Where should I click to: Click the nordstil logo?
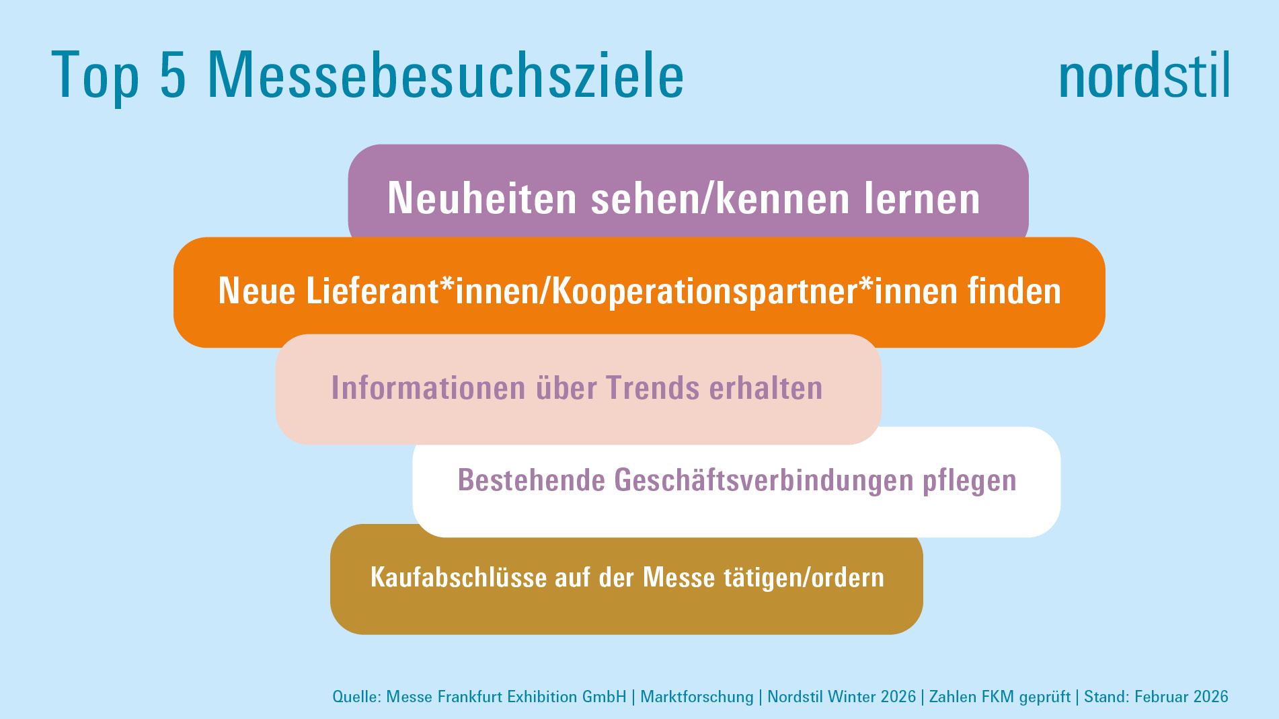[1144, 76]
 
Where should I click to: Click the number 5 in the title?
[172, 75]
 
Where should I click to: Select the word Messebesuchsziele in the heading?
[445, 75]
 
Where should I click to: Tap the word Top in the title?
[95, 76]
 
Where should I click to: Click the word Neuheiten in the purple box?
[481, 198]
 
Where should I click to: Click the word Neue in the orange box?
[257, 291]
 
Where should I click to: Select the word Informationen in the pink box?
[428, 388]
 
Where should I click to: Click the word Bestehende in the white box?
[531, 480]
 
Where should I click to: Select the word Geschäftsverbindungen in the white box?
[763, 480]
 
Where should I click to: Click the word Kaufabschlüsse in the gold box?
[459, 578]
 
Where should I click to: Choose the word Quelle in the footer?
[355, 697]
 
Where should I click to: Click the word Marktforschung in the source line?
[697, 697]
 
